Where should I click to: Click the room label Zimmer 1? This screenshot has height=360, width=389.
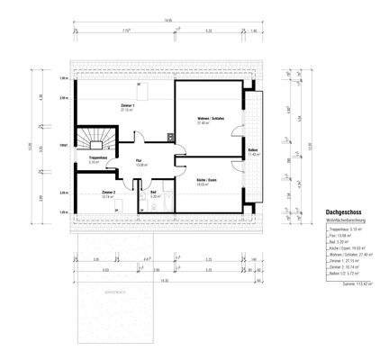point(128,106)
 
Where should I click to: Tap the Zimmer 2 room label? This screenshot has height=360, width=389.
point(108,193)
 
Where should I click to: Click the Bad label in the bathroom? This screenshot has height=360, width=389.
point(155,193)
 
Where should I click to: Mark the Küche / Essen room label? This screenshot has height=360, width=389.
point(208,181)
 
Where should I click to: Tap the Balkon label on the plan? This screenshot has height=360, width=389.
point(254,152)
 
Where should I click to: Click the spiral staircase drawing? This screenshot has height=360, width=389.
point(94,139)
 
